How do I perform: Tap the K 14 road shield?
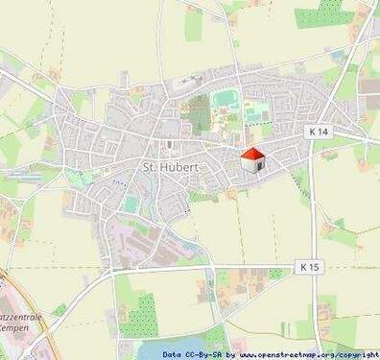click(x=319, y=131)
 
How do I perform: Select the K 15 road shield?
click(x=307, y=265)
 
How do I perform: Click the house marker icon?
click(x=251, y=160)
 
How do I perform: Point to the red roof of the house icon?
click(x=251, y=153)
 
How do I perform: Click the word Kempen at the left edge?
click(x=17, y=327)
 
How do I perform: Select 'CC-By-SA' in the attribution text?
click(x=208, y=354)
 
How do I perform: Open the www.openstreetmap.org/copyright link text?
click(x=309, y=354)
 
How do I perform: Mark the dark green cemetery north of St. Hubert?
click(x=198, y=113)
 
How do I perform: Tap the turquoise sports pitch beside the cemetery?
click(x=226, y=98)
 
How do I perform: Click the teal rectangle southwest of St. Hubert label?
click(x=131, y=204)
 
